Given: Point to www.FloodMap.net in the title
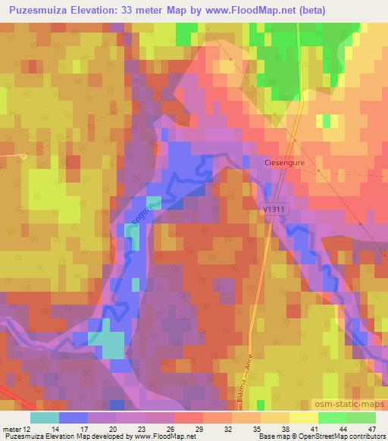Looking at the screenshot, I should coord(254,9).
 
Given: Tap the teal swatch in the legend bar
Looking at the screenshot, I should coord(44,417).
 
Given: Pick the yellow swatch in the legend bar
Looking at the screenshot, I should coord(303,417).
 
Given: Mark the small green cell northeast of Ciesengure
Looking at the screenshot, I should coord(327,120).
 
